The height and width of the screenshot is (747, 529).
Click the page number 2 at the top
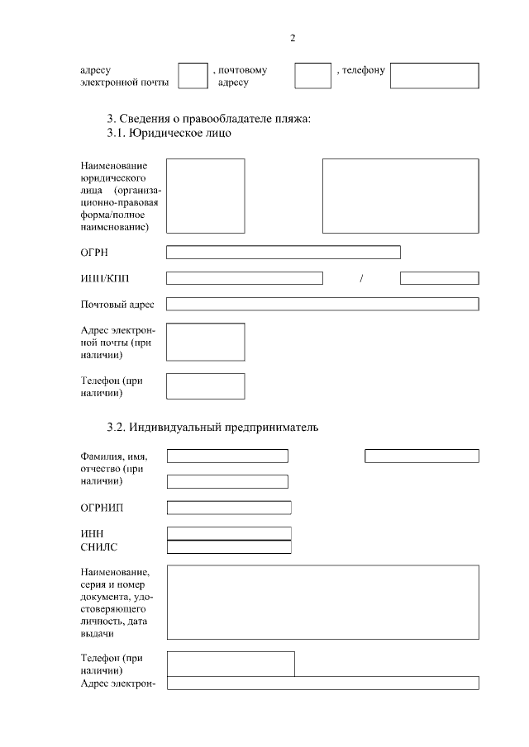point(293,39)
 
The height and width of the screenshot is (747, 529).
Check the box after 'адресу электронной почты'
point(193,75)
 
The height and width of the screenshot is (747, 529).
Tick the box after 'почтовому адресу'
point(312,75)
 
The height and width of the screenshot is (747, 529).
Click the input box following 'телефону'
point(434,75)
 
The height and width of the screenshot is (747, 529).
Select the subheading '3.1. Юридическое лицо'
point(169,132)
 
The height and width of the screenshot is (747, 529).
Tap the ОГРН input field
point(283,252)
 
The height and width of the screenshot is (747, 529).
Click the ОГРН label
point(94,253)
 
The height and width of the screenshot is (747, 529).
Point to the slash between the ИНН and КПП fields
point(362,278)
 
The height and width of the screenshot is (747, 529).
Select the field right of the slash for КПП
point(439,278)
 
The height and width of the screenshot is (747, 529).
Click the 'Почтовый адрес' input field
point(322,304)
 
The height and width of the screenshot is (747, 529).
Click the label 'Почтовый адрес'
point(117,305)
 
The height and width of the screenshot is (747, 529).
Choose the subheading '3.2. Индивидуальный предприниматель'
point(212,428)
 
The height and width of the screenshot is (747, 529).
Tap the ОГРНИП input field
point(229,507)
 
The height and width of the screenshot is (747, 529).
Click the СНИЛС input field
point(229,546)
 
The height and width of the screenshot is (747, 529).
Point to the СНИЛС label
point(99,546)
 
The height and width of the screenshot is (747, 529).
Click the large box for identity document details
point(322,602)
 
